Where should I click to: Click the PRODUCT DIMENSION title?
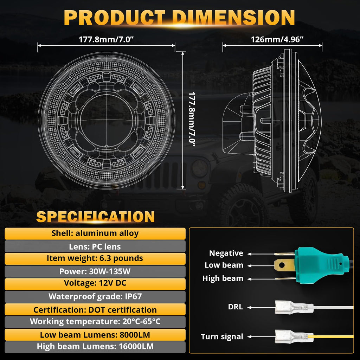179,18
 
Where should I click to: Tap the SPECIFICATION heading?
96,217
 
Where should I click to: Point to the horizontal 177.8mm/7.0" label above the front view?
106,39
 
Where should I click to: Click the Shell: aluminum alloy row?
95,233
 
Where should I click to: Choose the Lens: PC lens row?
95,246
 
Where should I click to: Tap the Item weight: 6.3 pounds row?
95,259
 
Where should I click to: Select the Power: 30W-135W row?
95,271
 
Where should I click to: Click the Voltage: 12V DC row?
95,284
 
